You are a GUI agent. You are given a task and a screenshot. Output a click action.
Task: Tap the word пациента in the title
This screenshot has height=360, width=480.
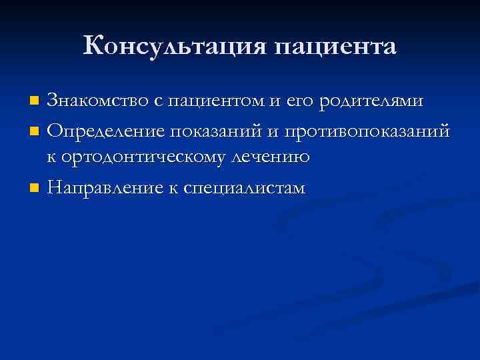tap(335, 47)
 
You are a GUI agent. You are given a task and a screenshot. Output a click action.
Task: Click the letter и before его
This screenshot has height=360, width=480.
tap(275, 102)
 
